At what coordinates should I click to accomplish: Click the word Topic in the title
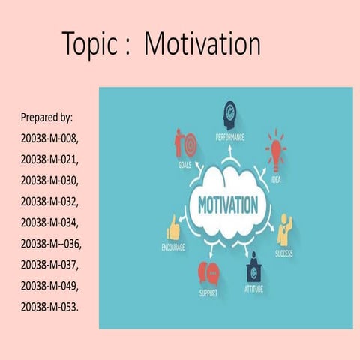tap(88, 45)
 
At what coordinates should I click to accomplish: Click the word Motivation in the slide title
tap(202, 45)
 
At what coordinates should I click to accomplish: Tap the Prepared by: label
tap(46, 118)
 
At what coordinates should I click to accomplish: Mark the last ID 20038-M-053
tap(52, 307)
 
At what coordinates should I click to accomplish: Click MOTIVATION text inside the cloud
tap(227, 205)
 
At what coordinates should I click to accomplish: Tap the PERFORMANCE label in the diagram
tap(229, 137)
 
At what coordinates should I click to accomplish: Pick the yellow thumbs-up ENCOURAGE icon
tap(173, 227)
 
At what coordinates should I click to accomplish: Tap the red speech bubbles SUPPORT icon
tap(208, 271)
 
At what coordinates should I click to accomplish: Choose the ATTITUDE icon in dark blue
tap(253, 265)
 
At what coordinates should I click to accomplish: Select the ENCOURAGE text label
tap(174, 247)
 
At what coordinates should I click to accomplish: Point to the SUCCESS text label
tap(284, 253)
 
